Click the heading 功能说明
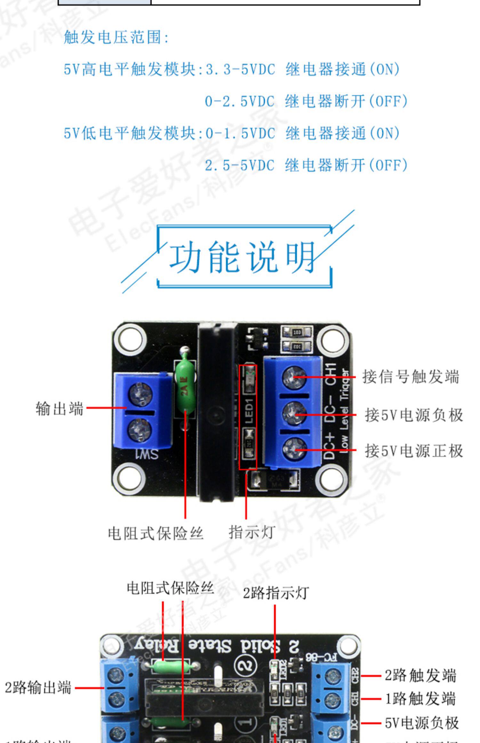coord(242,257)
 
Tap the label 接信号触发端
coord(411,377)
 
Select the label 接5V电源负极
coord(414,415)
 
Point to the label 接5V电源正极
coord(414,451)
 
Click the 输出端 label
coord(60,409)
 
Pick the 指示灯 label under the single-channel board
coord(252,533)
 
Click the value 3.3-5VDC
coord(240,69)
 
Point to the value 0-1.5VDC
coord(240,133)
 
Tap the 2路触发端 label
coord(420,675)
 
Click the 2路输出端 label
coord(38,688)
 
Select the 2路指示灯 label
coord(276,593)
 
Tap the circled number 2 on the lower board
coord(246,666)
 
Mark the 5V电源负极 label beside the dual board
coord(422,723)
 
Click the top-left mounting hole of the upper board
coord(130,339)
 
